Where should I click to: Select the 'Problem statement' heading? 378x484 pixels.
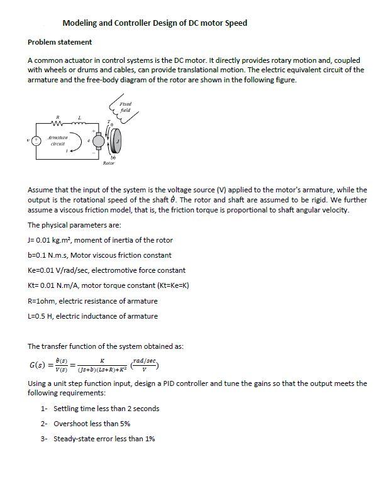click(x=60, y=42)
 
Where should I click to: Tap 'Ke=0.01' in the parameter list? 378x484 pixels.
click(x=43, y=270)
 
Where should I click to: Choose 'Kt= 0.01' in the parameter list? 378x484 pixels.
click(x=43, y=286)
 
